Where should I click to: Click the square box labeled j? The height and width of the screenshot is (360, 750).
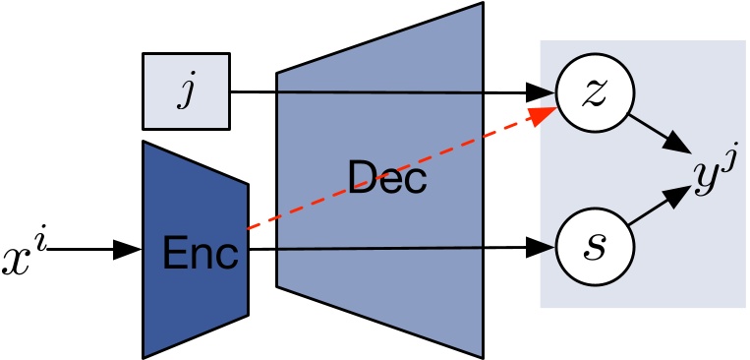(185, 91)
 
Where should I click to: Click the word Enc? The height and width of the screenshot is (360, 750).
(202, 254)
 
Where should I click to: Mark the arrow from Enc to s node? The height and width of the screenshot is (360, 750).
(393, 249)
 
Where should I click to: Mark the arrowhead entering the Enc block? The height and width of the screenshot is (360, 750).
(131, 250)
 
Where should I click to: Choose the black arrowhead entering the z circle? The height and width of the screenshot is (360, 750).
(543, 94)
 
